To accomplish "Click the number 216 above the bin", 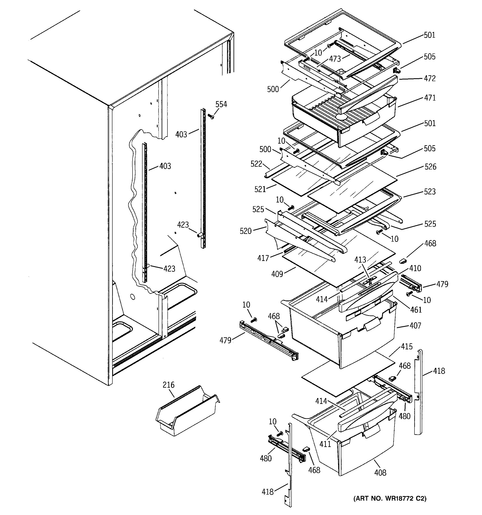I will click(168, 385).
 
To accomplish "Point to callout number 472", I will click(430, 78).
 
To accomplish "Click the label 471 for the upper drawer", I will click(430, 98).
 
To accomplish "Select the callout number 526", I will click(430, 167).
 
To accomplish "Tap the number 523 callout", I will click(430, 192).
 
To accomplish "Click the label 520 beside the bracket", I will click(246, 231).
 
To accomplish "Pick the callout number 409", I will click(277, 274).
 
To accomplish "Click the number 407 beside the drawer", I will click(415, 326).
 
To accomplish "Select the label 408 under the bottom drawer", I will click(380, 473).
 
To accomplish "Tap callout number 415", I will click(406, 347).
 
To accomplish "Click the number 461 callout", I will click(416, 310).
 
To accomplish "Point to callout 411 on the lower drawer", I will click(325, 444).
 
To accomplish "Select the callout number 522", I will click(256, 164).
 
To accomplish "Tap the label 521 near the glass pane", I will click(260, 189).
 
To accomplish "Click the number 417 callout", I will click(263, 258).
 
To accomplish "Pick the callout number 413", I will click(360, 259).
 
